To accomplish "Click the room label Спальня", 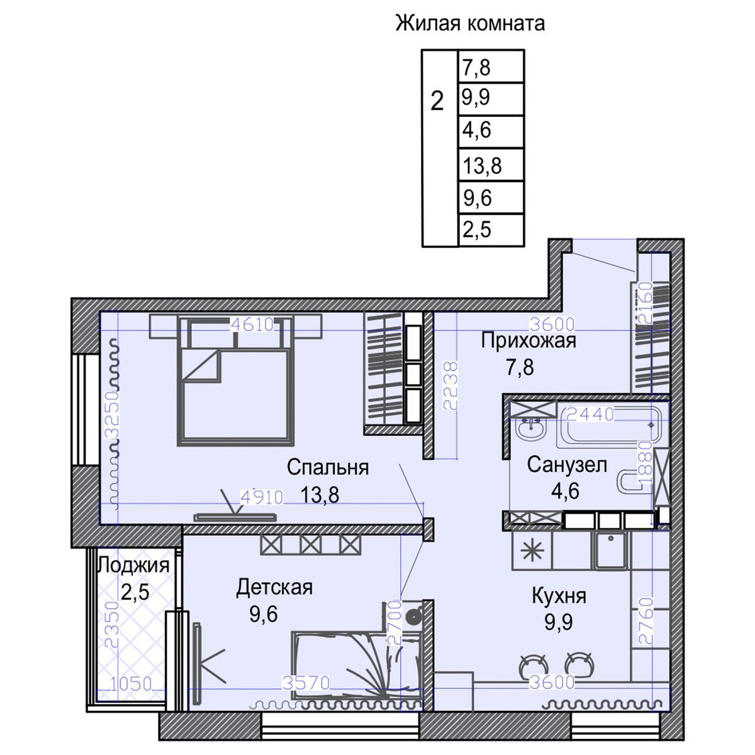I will coord(327,467).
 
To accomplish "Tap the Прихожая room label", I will coord(528,341).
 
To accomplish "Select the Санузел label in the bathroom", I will coord(567,465).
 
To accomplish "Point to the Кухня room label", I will coord(559,595).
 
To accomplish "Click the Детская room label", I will coord(274,588).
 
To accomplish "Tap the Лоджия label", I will coord(134,565).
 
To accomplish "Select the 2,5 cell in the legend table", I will coord(476,230).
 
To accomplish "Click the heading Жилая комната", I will coord(470,24).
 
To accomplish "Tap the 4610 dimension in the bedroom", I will coord(252,325).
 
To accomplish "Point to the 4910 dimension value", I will coord(262,496).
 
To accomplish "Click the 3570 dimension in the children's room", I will coord(303,683).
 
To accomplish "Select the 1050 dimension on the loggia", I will coord(131,683).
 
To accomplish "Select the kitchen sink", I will coord(609,551).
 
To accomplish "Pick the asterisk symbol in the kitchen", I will coord(532,551).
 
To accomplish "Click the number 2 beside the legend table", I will coord(437,101).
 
